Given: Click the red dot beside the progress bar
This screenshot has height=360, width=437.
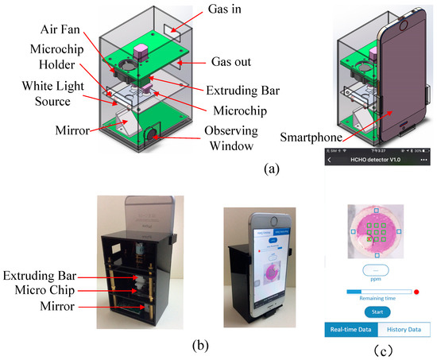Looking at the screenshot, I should pyautogui.click(x=416, y=292).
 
